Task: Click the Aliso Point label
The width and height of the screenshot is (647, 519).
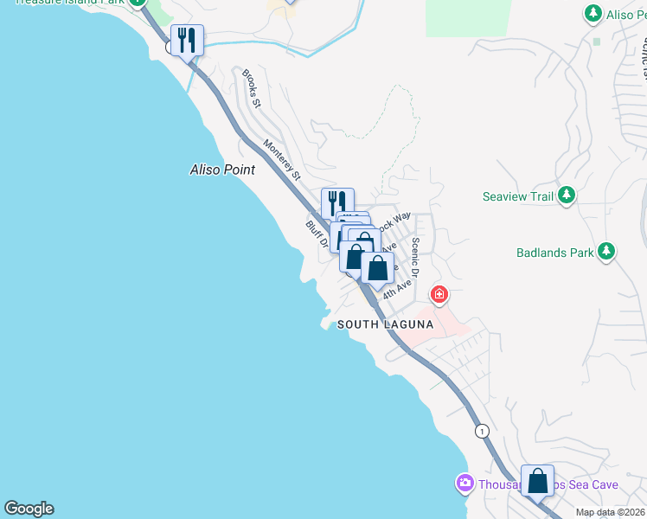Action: tap(222, 170)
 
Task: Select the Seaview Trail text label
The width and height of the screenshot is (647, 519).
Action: tap(517, 197)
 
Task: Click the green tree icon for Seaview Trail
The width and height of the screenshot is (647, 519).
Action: tap(567, 196)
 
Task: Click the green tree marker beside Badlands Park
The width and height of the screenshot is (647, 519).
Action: tap(607, 252)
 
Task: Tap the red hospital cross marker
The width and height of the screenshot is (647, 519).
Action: tap(439, 295)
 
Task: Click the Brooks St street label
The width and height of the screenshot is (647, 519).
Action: tap(252, 88)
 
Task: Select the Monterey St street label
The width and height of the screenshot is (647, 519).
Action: tap(282, 160)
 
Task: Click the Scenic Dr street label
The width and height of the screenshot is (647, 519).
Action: tap(415, 257)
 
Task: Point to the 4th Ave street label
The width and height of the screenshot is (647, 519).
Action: tap(398, 288)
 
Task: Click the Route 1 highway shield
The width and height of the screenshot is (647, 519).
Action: tap(481, 431)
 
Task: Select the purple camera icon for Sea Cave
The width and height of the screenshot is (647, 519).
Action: tap(464, 483)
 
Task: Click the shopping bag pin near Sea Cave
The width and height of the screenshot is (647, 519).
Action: tap(537, 481)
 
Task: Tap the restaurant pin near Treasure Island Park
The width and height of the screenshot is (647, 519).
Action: tap(187, 40)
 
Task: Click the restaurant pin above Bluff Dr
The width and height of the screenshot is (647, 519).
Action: tap(337, 203)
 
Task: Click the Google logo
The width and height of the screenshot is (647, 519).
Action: tap(29, 509)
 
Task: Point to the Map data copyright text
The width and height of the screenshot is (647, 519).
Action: tap(611, 513)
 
